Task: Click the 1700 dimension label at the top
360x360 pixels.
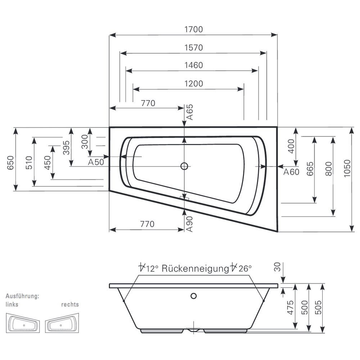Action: pyautogui.click(x=194, y=30)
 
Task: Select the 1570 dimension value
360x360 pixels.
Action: pyautogui.click(x=194, y=48)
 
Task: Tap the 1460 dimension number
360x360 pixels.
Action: pyautogui.click(x=194, y=65)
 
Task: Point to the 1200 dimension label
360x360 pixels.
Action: pyautogui.click(x=194, y=84)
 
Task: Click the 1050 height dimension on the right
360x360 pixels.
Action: pyautogui.click(x=346, y=179)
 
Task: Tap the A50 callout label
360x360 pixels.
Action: pyautogui.click(x=96, y=162)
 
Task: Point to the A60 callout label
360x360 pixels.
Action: pyautogui.click(x=291, y=172)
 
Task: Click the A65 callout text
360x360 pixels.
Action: pyautogui.click(x=190, y=112)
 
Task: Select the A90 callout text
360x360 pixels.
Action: pyautogui.click(x=190, y=224)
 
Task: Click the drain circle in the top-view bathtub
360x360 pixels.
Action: pyautogui.click(x=185, y=166)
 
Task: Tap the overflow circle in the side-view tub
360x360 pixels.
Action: pyautogui.click(x=194, y=296)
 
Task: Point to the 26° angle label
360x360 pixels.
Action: pyautogui.click(x=244, y=268)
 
